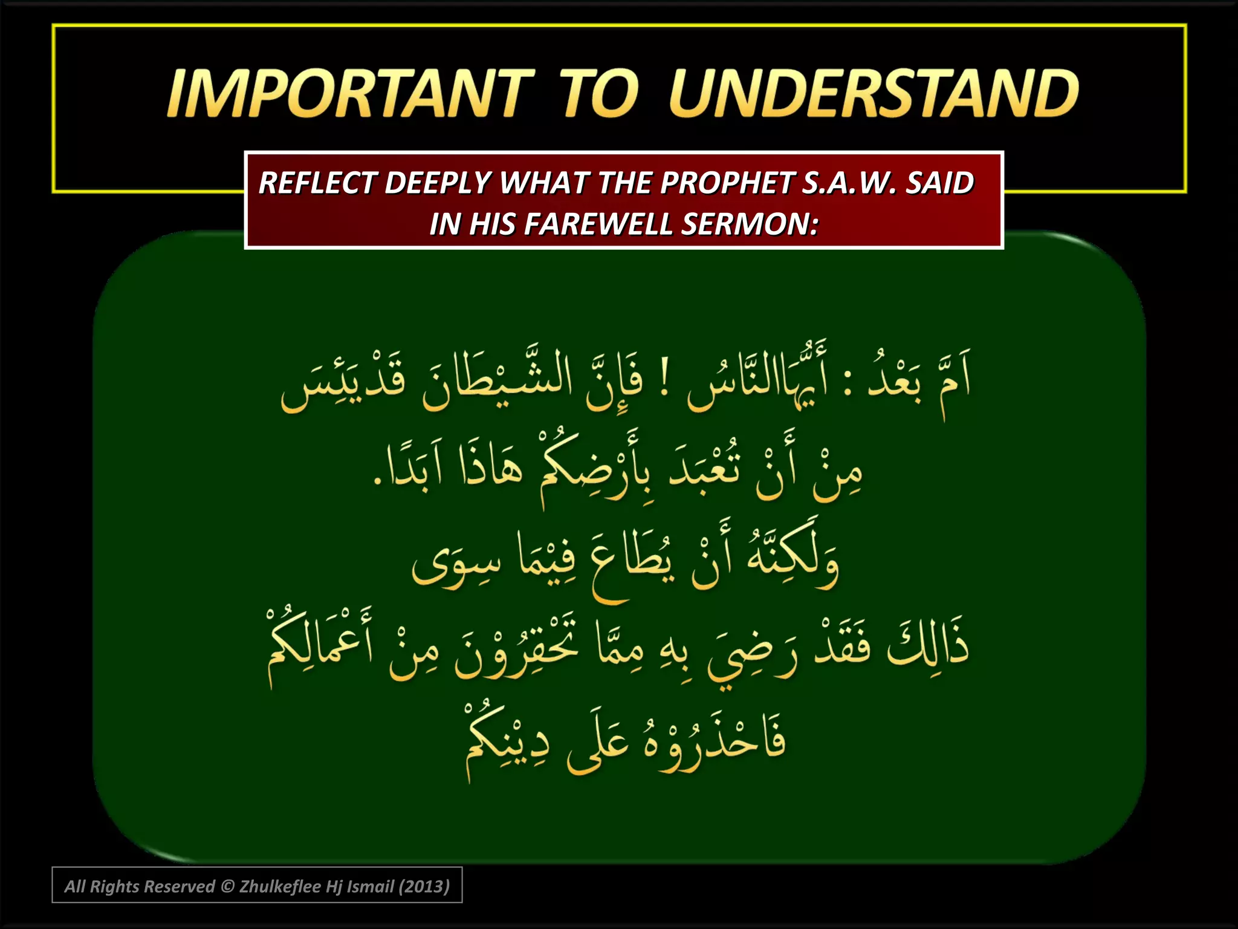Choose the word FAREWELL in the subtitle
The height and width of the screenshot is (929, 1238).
[598, 224]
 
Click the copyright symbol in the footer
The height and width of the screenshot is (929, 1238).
[227, 887]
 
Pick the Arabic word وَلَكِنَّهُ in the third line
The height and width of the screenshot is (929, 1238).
[792, 559]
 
